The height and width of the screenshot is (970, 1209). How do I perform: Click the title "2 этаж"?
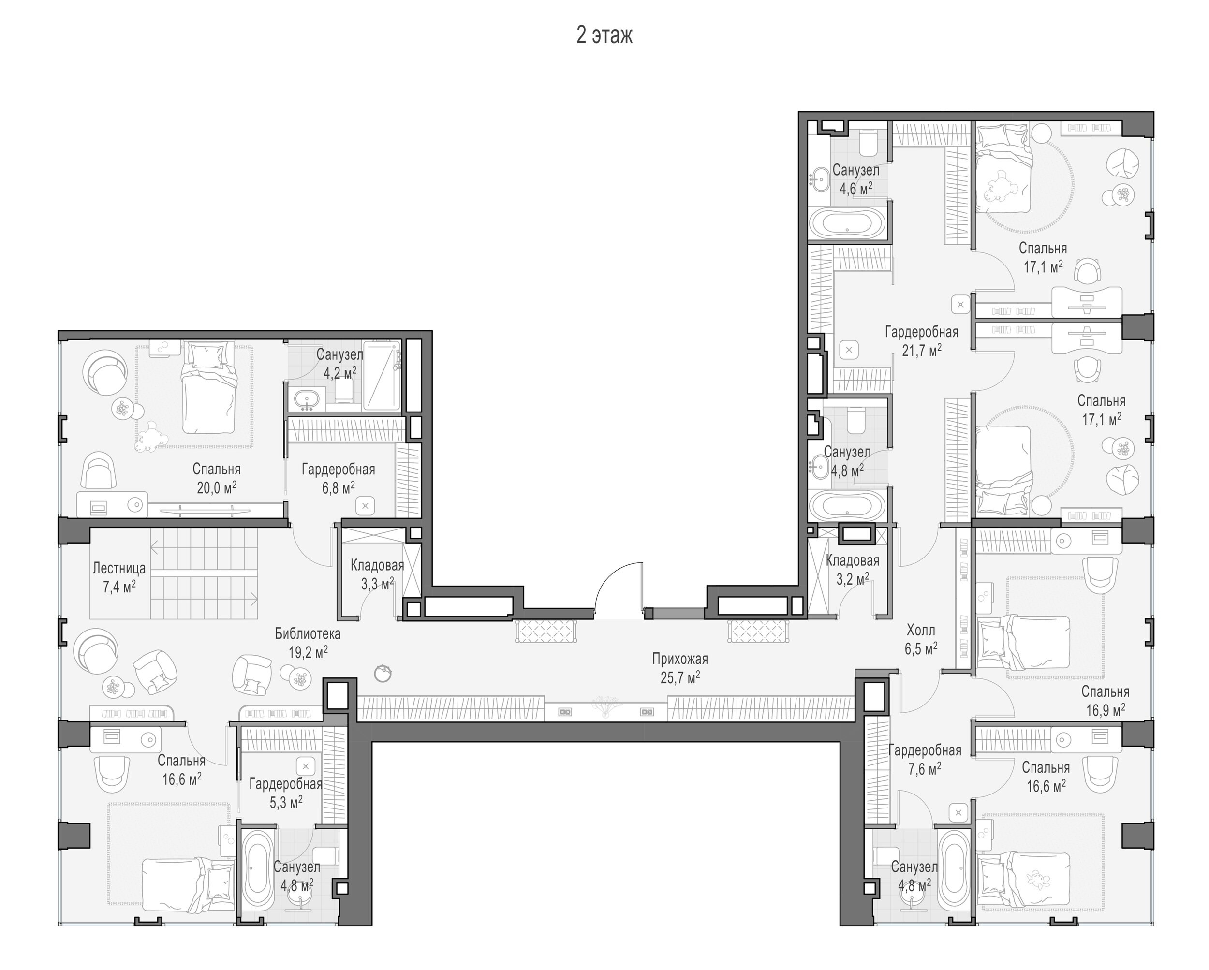click(604, 35)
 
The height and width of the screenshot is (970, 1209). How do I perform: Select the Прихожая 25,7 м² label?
click(679, 668)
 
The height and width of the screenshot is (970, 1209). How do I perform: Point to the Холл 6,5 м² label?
click(921, 640)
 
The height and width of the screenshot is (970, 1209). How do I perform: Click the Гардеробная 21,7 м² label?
click(921, 341)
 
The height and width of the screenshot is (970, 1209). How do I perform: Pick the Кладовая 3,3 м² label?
click(377, 574)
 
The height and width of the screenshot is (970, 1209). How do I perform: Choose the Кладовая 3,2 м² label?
click(853, 569)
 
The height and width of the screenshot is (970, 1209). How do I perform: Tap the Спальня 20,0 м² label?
click(217, 478)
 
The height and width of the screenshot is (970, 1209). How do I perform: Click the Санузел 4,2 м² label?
click(340, 363)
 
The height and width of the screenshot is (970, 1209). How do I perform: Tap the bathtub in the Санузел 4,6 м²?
click(847, 224)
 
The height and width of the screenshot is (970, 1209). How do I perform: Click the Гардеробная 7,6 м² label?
click(925, 759)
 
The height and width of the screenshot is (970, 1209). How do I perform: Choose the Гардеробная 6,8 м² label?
click(338, 478)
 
